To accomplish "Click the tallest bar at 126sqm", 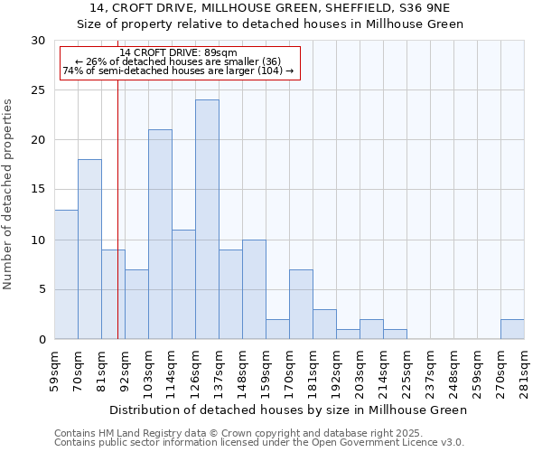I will [207, 220].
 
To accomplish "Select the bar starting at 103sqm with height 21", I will [160, 234].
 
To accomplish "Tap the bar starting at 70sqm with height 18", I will [89, 250].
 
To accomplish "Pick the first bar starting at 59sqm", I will [66, 274].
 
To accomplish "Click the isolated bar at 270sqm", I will [512, 329].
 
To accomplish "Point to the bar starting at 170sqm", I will [301, 305].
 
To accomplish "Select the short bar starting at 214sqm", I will [395, 334].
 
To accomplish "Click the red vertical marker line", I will [117, 226].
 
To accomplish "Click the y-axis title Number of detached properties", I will [9, 194].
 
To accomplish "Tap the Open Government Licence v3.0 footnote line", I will [259, 443].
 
